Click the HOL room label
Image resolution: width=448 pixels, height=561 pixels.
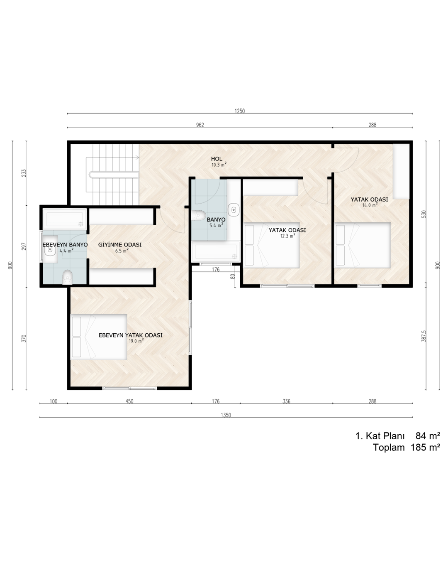coord(217,159)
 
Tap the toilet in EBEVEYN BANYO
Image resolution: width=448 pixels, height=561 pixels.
coord(68,277)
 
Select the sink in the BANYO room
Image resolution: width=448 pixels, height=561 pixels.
coord(234,209)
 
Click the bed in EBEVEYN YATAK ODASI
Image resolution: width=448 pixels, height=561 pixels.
coord(99,337)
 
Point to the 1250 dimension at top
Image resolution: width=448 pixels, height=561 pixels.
coord(240,111)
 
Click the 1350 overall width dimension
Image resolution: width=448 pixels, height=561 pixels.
coord(226,415)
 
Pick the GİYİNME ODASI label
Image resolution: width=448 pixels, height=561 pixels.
coord(120,244)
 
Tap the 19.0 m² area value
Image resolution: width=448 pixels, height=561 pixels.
coord(136,341)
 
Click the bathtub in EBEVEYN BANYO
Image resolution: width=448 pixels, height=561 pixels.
coord(65,219)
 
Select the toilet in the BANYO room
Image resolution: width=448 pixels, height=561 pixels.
coord(198,215)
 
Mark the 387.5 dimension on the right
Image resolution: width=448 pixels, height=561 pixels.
coord(424,336)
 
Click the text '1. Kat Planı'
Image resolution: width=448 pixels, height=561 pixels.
coord(380,436)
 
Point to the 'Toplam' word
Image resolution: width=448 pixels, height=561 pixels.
coord(389,447)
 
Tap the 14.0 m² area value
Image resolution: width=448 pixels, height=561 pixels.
coord(370,205)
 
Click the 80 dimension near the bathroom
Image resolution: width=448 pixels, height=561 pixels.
coord(233,276)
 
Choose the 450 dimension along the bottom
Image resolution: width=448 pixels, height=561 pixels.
coord(129,401)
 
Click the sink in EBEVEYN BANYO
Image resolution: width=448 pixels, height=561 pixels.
coord(49,249)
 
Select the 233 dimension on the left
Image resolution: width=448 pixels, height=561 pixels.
coord(24,173)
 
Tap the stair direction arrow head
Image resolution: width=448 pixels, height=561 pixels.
coord(137,157)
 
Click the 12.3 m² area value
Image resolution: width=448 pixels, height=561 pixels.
coord(287,236)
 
